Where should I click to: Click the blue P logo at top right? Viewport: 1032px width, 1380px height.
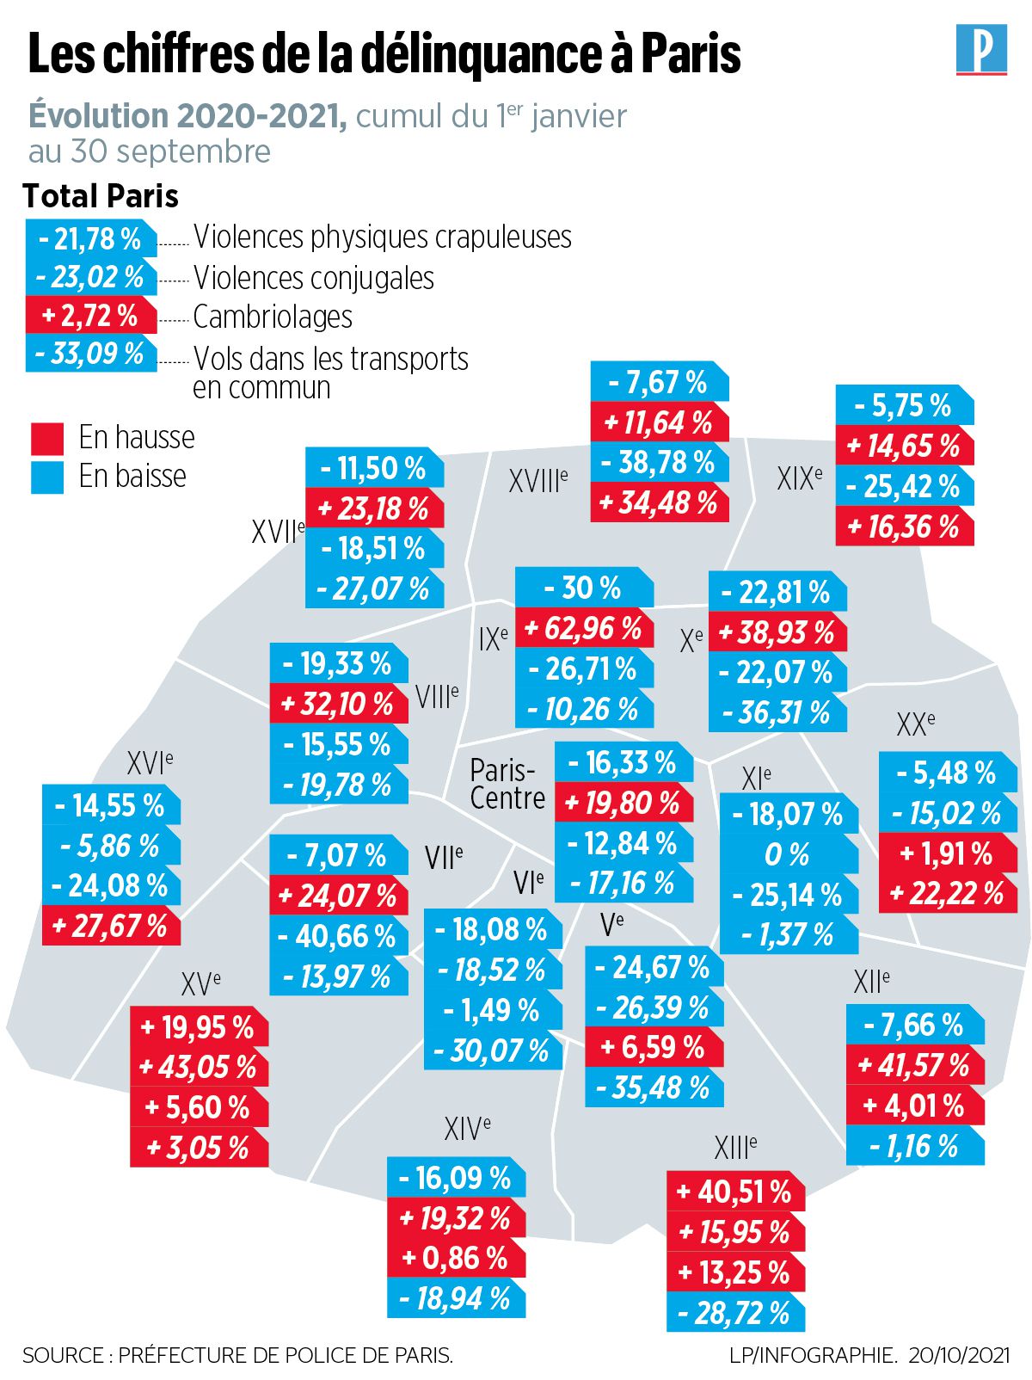[981, 49]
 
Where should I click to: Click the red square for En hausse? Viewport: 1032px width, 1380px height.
[47, 438]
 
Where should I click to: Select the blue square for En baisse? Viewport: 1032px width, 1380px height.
[47, 477]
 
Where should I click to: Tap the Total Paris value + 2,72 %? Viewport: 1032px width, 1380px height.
[90, 316]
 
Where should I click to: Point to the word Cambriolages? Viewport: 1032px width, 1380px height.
[273, 317]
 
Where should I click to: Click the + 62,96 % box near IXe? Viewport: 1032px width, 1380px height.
[583, 629]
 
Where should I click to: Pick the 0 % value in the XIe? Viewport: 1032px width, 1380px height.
[787, 854]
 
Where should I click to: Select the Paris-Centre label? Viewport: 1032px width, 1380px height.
[507, 784]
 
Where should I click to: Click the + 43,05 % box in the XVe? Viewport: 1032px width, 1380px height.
[198, 1068]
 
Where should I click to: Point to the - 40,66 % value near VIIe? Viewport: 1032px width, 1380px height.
[338, 936]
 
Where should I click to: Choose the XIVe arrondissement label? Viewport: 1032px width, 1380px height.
[467, 1128]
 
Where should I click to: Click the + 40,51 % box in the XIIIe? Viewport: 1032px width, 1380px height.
[735, 1192]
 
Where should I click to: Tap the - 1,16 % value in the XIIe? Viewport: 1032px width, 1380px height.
[914, 1146]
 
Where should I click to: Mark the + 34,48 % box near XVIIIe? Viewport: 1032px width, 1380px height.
[659, 502]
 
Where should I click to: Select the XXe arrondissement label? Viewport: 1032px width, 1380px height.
[915, 724]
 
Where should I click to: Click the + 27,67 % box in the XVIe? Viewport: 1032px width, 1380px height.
[110, 926]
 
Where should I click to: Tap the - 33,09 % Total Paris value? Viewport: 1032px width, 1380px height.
[90, 354]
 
